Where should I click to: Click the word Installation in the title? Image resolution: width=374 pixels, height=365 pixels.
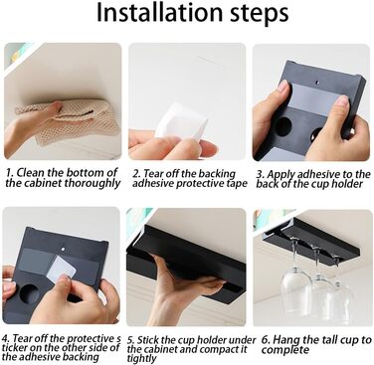[x=159, y=13]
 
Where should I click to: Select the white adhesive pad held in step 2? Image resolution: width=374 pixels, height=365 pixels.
[x=181, y=121]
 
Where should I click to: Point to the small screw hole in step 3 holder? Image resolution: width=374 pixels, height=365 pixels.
[x=317, y=81]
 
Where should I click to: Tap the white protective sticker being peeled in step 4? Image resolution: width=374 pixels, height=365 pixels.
[x=62, y=268]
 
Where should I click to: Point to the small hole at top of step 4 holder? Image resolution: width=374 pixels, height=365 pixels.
[x=62, y=248]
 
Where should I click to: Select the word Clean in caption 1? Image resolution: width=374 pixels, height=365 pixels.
[x=31, y=173]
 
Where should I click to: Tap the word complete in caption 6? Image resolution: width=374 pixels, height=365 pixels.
[x=285, y=350]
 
